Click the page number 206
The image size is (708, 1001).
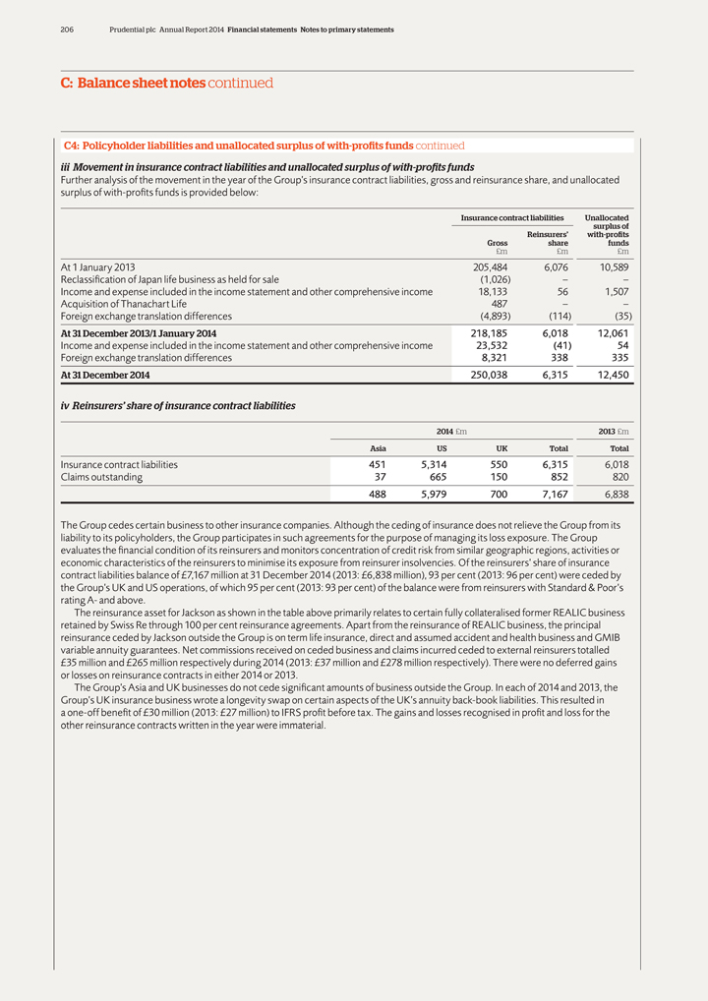[x=66, y=29]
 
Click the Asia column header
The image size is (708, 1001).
[x=378, y=446]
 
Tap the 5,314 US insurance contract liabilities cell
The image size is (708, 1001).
[x=437, y=464]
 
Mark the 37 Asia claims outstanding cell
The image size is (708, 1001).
[x=379, y=477]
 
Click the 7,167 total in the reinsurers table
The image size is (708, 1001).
[x=554, y=495]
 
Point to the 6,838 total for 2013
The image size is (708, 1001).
[x=614, y=495]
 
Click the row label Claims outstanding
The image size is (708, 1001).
[x=101, y=477]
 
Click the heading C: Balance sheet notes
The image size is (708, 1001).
[x=127, y=84]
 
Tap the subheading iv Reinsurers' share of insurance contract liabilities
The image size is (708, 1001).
[x=177, y=405]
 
